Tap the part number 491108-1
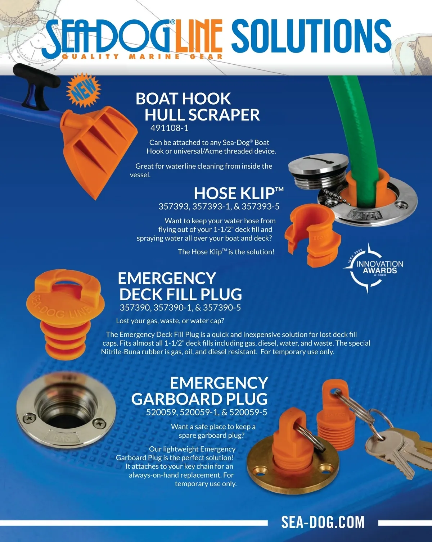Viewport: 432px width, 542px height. click(170, 128)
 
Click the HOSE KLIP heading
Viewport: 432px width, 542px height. click(239, 193)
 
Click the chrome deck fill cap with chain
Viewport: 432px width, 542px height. click(318, 171)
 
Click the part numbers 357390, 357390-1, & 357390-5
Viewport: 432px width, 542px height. click(180, 308)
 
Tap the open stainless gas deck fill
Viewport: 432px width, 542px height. click(66, 412)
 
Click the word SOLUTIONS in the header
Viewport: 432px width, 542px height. click(311, 36)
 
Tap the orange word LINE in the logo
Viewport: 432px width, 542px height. click(199, 37)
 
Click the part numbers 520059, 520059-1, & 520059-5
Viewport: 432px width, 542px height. click(207, 412)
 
